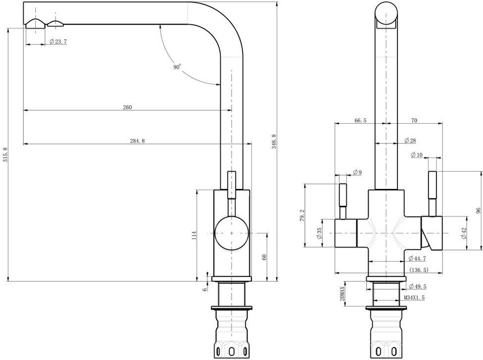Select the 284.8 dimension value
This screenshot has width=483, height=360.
137,141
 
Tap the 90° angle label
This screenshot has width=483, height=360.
177,67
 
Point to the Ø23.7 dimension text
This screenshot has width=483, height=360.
58,42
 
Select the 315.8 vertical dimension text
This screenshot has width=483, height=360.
5,155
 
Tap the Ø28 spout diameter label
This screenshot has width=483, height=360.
410,141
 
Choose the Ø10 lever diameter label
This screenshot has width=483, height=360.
417,155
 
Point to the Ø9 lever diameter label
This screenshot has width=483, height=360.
357,172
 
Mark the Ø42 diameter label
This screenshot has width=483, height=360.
464,232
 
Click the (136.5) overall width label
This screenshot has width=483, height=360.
419,270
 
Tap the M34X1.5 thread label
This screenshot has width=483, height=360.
414,298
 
